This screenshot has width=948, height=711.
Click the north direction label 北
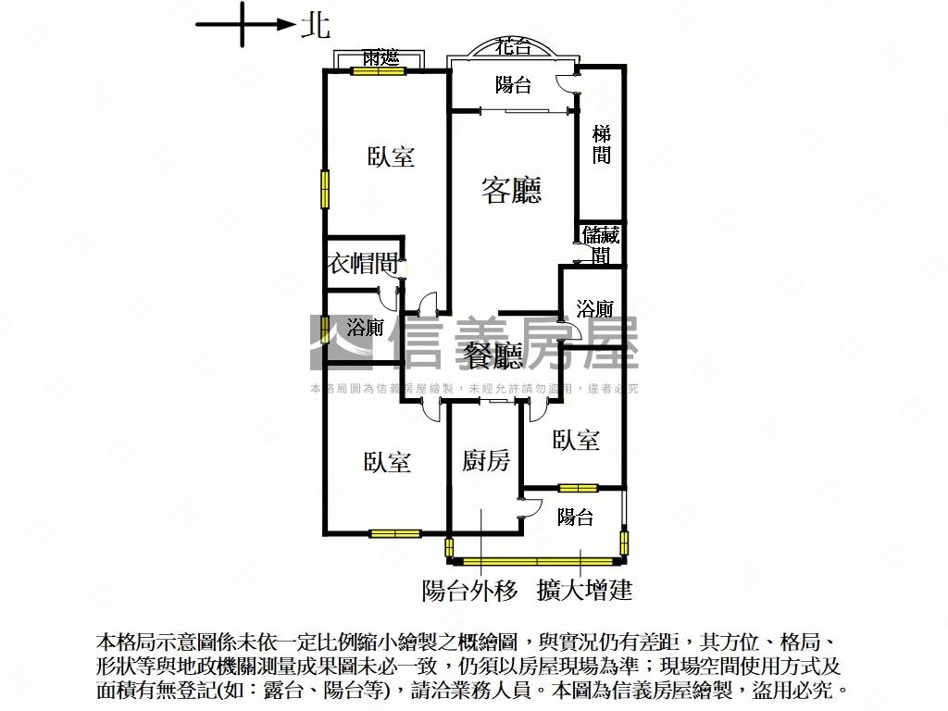pyautogui.click(x=315, y=26)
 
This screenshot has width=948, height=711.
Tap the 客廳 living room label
pyautogui.click(x=511, y=190)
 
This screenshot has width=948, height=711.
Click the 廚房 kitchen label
pyautogui.click(x=486, y=460)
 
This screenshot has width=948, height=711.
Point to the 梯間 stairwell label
pyautogui.click(x=602, y=144)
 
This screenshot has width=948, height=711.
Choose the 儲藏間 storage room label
pyautogui.click(x=601, y=244)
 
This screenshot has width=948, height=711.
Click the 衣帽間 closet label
pyautogui.click(x=363, y=264)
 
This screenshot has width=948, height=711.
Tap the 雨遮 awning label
pyautogui.click(x=380, y=57)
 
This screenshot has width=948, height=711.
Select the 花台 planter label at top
pyautogui.click(x=513, y=46)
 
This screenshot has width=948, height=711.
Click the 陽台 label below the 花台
pyautogui.click(x=513, y=85)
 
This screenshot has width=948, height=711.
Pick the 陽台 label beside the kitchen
pyautogui.click(x=575, y=517)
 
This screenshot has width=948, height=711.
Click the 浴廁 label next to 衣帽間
pyautogui.click(x=366, y=327)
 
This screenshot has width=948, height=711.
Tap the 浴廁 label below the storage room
pyautogui.click(x=594, y=308)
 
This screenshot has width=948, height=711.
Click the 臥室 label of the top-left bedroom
pyautogui.click(x=391, y=156)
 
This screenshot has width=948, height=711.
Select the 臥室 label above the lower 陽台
pyautogui.click(x=576, y=440)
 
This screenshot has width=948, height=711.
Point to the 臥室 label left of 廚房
pyautogui.click(x=387, y=461)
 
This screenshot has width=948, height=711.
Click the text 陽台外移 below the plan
pyautogui.click(x=469, y=590)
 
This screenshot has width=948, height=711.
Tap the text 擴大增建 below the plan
pyautogui.click(x=584, y=590)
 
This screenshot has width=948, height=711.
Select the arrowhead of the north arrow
pyautogui.click(x=286, y=25)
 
